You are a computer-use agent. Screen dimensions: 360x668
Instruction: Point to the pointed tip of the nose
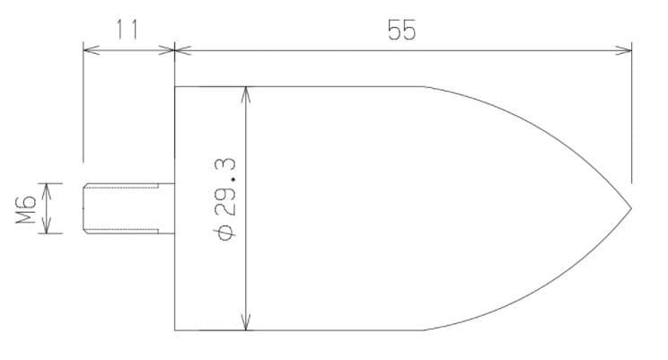(631, 208)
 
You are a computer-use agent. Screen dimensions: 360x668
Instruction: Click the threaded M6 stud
(128, 208)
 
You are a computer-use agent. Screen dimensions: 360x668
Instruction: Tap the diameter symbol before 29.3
(225, 233)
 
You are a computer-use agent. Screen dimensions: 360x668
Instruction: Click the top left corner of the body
(174, 86)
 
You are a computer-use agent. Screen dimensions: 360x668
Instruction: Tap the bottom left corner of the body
(174, 330)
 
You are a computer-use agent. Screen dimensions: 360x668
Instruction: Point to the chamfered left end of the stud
(85, 208)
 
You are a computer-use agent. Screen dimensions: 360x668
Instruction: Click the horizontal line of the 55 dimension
(401, 50)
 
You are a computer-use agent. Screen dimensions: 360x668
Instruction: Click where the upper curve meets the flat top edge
(424, 86)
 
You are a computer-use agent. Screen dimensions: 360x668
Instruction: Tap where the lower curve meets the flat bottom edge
(424, 330)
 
